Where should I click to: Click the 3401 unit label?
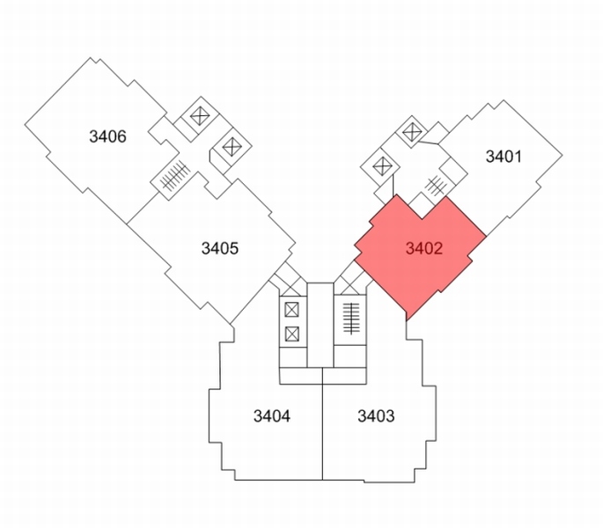pos(504,157)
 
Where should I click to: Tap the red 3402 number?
pos(424,248)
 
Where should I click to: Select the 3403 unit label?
pos(376,416)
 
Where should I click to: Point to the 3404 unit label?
pos(272,416)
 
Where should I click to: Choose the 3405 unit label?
pos(220,248)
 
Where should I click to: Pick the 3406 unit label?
pos(107,136)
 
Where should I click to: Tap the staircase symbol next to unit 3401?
pos(436,186)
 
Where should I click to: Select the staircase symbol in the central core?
pos(350,319)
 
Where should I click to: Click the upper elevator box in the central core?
pos(292,310)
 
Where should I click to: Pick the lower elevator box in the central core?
pos(292,334)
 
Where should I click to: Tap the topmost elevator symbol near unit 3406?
pos(200,116)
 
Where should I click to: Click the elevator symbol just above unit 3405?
pos(231,146)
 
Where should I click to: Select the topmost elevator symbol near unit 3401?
pos(412,132)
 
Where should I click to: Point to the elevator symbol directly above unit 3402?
pos(382,166)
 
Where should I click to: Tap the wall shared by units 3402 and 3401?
pos(466,216)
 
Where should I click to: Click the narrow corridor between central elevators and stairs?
pos(320,325)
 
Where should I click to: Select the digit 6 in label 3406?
pos(121,136)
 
